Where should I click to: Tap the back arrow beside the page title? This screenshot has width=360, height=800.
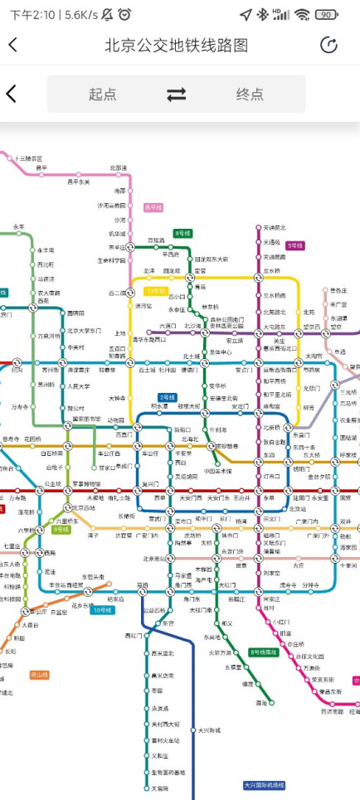(12, 46)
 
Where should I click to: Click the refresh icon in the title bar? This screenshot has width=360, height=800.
(328, 46)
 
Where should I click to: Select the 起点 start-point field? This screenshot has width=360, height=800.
(103, 95)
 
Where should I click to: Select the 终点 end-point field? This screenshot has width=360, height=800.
(250, 95)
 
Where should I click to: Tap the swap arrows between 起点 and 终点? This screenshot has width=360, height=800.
(177, 95)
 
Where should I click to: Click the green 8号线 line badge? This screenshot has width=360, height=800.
(182, 234)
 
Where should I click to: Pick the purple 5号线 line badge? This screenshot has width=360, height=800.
(294, 245)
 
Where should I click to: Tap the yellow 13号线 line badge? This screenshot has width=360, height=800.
(155, 291)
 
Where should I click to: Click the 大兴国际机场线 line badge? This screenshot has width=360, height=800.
(264, 785)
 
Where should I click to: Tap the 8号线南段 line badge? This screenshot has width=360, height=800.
(264, 652)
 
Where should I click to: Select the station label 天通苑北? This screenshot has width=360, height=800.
(275, 227)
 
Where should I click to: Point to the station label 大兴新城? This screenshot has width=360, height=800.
(209, 730)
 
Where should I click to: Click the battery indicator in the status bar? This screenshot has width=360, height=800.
(327, 14)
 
